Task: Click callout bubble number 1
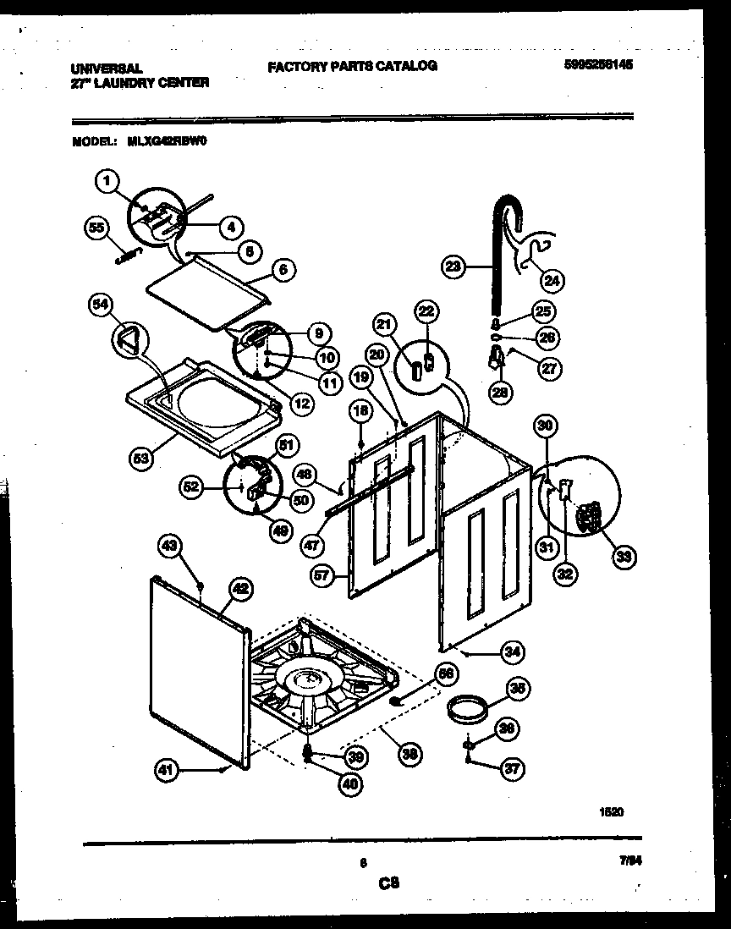click(x=106, y=179)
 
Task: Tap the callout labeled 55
click(x=98, y=227)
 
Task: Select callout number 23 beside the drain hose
click(x=454, y=267)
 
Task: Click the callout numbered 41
click(x=167, y=770)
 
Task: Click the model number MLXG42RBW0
click(x=168, y=143)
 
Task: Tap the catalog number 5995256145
click(x=597, y=64)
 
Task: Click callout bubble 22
click(x=426, y=312)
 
